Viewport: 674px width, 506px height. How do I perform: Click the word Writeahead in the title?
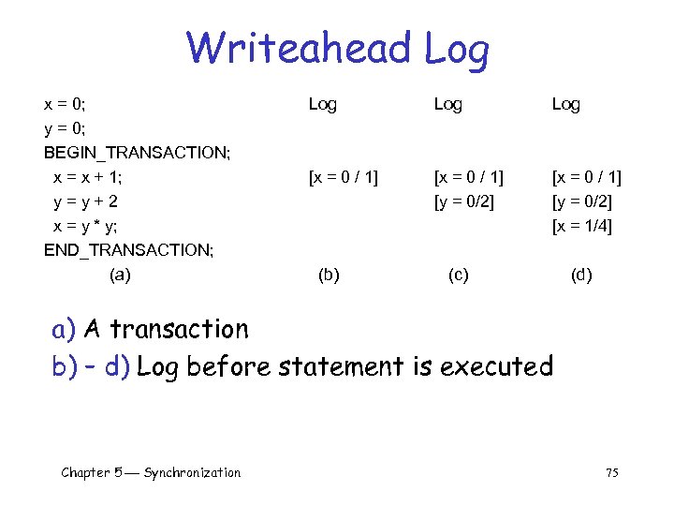(299, 48)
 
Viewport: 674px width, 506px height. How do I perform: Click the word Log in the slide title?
(456, 50)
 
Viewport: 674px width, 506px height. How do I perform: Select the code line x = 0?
(71, 104)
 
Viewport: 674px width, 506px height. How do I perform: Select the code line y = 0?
(71, 128)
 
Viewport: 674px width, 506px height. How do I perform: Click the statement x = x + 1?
(88, 177)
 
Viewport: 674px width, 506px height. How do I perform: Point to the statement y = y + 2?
(86, 201)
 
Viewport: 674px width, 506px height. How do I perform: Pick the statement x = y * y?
(85, 226)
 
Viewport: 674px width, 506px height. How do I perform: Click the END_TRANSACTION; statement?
(128, 250)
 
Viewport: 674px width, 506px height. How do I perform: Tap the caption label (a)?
(121, 275)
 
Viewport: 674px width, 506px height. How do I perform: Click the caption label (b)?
(329, 275)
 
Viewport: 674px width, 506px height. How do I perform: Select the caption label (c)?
(459, 275)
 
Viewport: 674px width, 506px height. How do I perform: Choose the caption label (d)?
(581, 275)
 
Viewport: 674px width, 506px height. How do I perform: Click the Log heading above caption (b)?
(323, 104)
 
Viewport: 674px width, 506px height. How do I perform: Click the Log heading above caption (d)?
(565, 104)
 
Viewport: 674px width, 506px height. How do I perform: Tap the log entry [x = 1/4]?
(582, 226)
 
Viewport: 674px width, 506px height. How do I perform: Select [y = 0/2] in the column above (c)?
(463, 201)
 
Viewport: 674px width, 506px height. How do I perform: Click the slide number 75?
(611, 473)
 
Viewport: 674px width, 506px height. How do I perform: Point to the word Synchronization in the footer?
(192, 473)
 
